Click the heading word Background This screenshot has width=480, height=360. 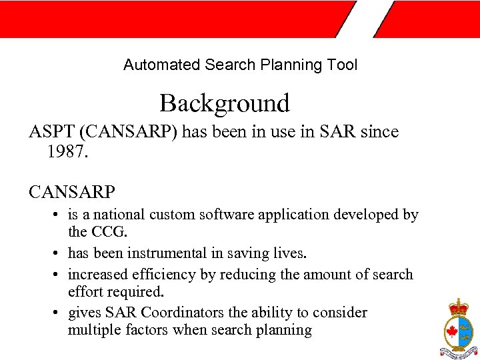(x=225, y=104)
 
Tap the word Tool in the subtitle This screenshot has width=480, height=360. (x=343, y=65)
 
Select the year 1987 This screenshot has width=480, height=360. (x=67, y=152)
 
